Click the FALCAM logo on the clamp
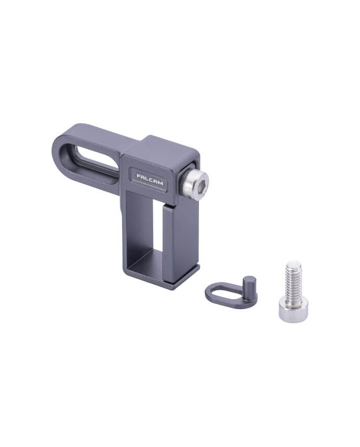pos(150,177)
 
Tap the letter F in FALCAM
pos(138,175)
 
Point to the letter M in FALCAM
pos(160,178)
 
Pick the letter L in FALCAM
pos(147,176)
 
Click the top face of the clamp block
pos(165,147)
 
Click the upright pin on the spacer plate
pos(249,285)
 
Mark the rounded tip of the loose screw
pos(294,264)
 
